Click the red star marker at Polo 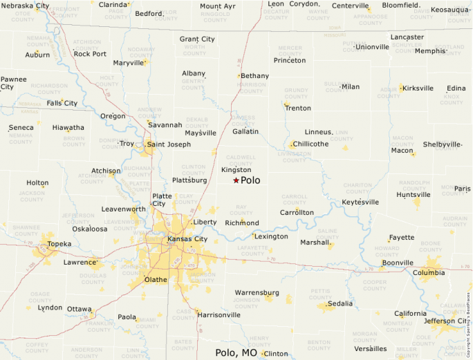236,180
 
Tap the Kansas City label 187,239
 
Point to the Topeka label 59,244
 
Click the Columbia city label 429,272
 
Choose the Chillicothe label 311,144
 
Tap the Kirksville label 418,88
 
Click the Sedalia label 340,303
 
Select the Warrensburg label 257,292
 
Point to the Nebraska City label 25,6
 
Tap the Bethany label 255,75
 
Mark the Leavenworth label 124,208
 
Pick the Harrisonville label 219,314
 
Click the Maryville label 128,63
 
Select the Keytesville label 360,202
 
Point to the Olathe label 155,280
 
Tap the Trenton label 298,108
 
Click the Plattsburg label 189,180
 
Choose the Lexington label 271,236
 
